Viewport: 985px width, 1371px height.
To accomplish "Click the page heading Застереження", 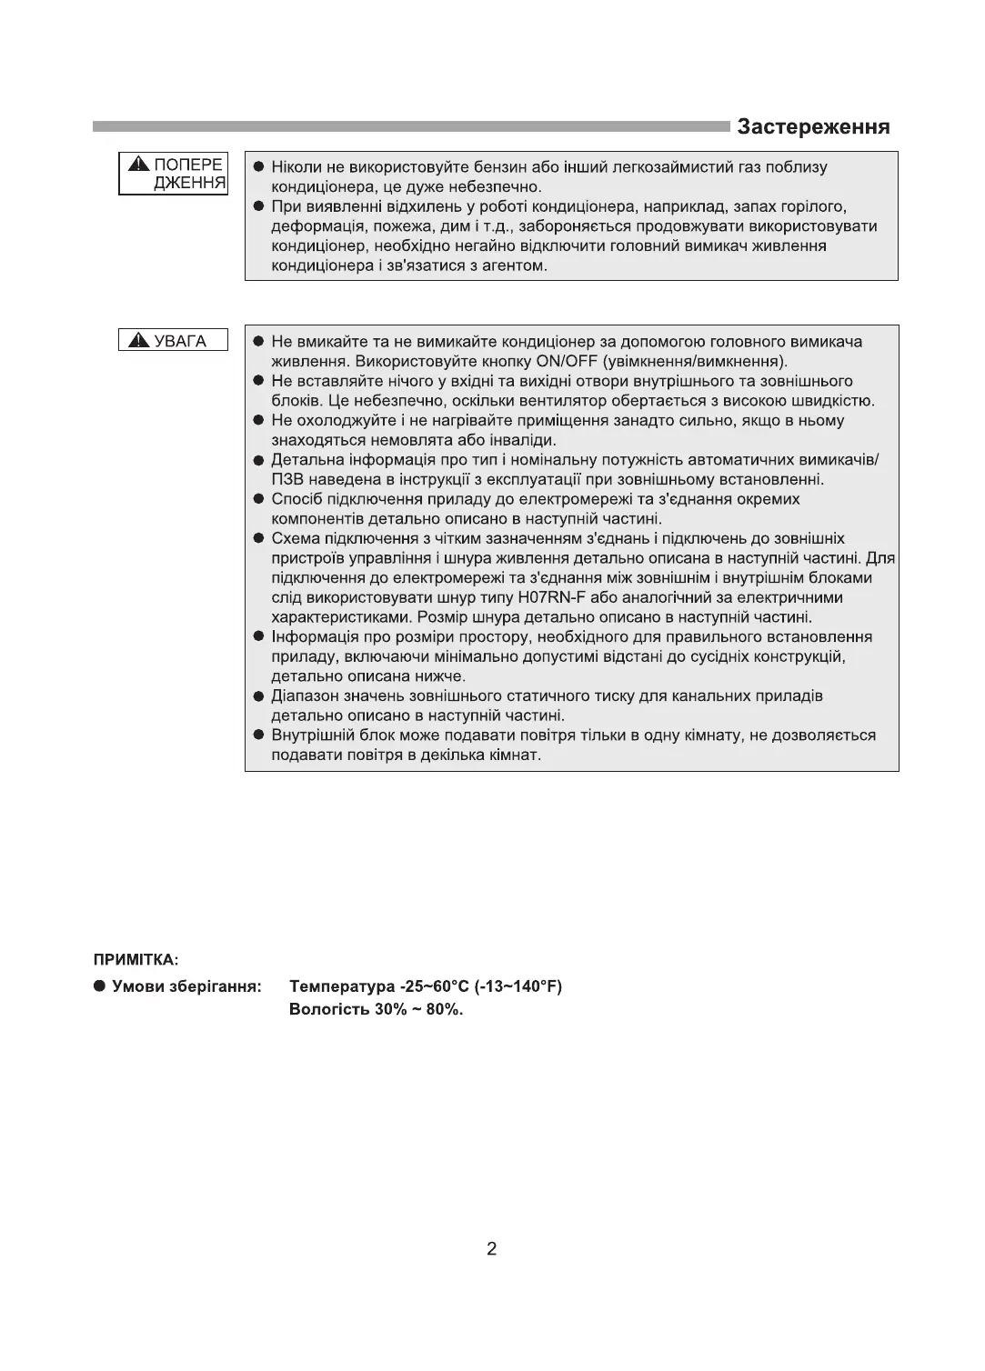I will [813, 126].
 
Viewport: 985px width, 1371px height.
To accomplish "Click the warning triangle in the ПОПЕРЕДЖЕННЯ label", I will [137, 165].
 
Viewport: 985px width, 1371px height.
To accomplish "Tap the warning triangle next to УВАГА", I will [138, 341].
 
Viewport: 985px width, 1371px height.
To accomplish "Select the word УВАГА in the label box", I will [180, 341].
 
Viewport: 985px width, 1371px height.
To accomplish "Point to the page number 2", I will [491, 1248].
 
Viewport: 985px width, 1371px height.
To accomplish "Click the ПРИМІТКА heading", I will [136, 959].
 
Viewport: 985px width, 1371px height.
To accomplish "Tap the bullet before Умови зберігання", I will [99, 986].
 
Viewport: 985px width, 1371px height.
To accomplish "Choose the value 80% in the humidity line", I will [443, 1010].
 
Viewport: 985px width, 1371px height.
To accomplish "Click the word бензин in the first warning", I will [489, 167].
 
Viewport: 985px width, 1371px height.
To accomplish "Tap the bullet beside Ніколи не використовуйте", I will [258, 167].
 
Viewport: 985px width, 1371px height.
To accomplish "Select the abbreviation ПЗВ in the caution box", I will [287, 479].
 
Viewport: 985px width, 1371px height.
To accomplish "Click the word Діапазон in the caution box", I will [304, 696].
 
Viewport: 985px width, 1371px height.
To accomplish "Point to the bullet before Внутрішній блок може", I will [258, 736].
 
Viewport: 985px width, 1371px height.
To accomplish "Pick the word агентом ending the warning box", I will [514, 265].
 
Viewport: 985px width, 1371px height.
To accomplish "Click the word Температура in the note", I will [341, 986].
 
